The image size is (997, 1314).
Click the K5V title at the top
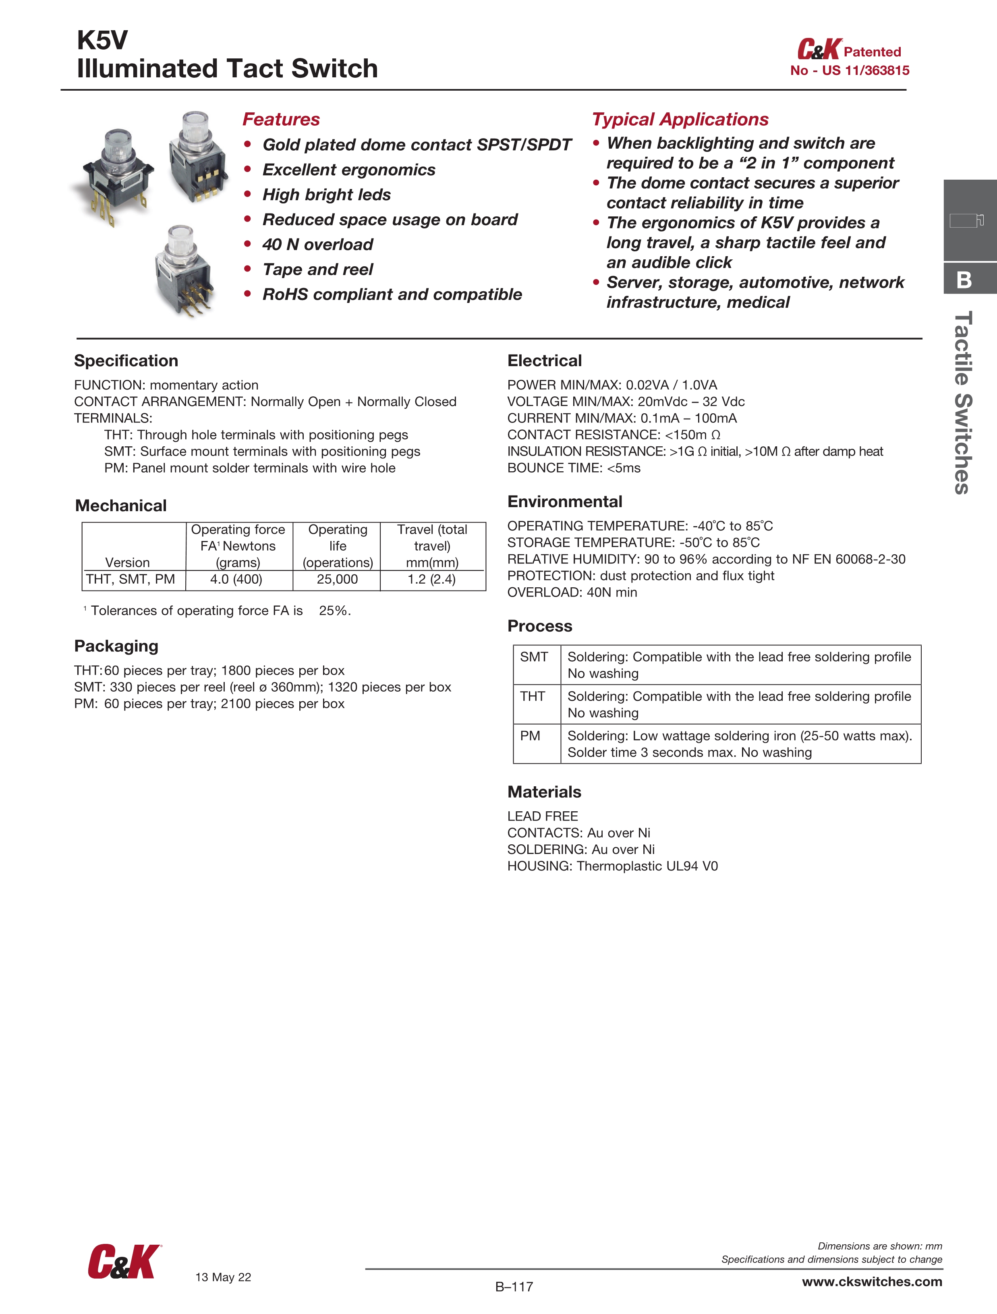coord(102,40)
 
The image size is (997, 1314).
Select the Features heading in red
coord(281,119)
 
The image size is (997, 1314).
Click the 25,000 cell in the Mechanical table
coord(337,579)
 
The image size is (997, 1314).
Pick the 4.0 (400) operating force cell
coord(236,579)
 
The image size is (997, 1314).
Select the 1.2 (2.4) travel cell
coord(431,579)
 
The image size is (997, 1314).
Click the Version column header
coord(127,562)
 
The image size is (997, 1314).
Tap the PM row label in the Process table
coord(530,736)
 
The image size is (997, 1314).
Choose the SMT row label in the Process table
coord(534,657)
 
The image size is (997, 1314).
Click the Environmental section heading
coord(564,502)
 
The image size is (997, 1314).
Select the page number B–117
coord(514,1287)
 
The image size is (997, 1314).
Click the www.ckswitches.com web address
coord(872,1281)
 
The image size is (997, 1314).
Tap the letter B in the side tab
coord(964,280)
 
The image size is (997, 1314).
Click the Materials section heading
coord(544,792)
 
